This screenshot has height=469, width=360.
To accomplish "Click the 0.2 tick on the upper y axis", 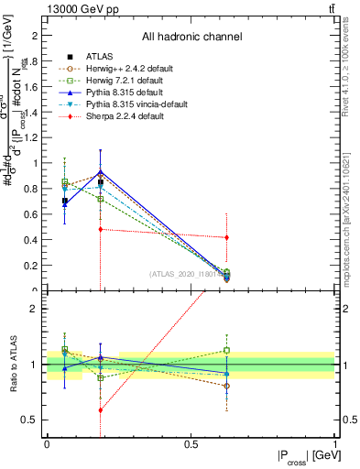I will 37,266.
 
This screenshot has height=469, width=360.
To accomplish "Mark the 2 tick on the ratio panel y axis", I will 38,309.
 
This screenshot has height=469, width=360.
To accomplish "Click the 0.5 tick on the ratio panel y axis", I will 37,420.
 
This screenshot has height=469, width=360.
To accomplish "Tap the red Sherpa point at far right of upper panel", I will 226,237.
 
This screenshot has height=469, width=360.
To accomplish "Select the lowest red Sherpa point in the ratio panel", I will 100,409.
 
